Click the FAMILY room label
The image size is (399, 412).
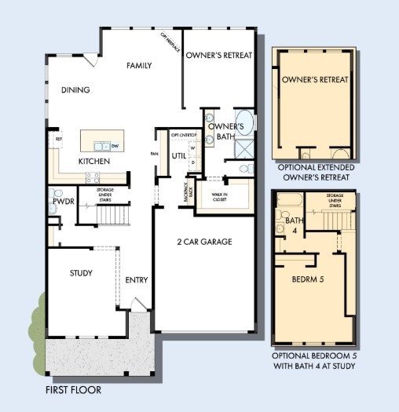pyautogui.click(x=139, y=66)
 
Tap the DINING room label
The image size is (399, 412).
pyautogui.click(x=75, y=90)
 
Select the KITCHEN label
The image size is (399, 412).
pyautogui.click(x=93, y=162)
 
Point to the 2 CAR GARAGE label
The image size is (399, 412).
pyautogui.click(x=204, y=242)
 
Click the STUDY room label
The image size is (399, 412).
pyautogui.click(x=81, y=273)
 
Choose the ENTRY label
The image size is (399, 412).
pyautogui.click(x=137, y=280)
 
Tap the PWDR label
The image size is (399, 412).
pyautogui.click(x=63, y=202)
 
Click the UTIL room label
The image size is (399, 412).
pyautogui.click(x=179, y=155)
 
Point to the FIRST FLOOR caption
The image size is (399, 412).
pyautogui.click(x=73, y=389)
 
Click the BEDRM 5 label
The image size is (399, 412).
pyautogui.click(x=308, y=279)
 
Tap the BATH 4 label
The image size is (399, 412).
pyautogui.click(x=280, y=225)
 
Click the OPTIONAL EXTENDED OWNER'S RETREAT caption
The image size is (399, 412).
pyautogui.click(x=315, y=172)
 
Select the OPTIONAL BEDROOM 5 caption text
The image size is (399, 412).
pyautogui.click(x=315, y=360)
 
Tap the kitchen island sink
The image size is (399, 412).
pyautogui.click(x=101, y=145)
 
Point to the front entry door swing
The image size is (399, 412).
pyautogui.click(x=139, y=304)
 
